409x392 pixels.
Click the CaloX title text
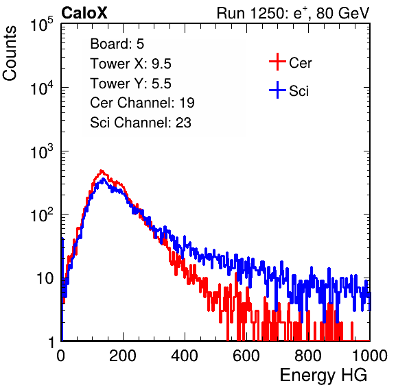84,13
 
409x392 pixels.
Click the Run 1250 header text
293,13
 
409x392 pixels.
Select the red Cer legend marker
277,62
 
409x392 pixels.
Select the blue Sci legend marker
277,90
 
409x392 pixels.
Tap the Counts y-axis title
10,53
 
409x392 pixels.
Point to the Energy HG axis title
324,376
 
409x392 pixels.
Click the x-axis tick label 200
123,356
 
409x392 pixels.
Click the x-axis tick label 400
185,356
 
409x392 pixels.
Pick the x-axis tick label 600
246,356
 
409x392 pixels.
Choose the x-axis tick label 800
308,356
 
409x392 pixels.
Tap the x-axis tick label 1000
370,356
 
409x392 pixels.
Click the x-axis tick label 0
61,356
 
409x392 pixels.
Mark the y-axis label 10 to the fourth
41,88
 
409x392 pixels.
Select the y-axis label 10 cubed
41,151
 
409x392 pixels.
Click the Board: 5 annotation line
117,44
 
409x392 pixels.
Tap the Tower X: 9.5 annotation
130,64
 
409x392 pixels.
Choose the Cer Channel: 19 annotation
142,103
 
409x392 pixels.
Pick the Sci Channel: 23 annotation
141,123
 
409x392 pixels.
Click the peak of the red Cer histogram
102,171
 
